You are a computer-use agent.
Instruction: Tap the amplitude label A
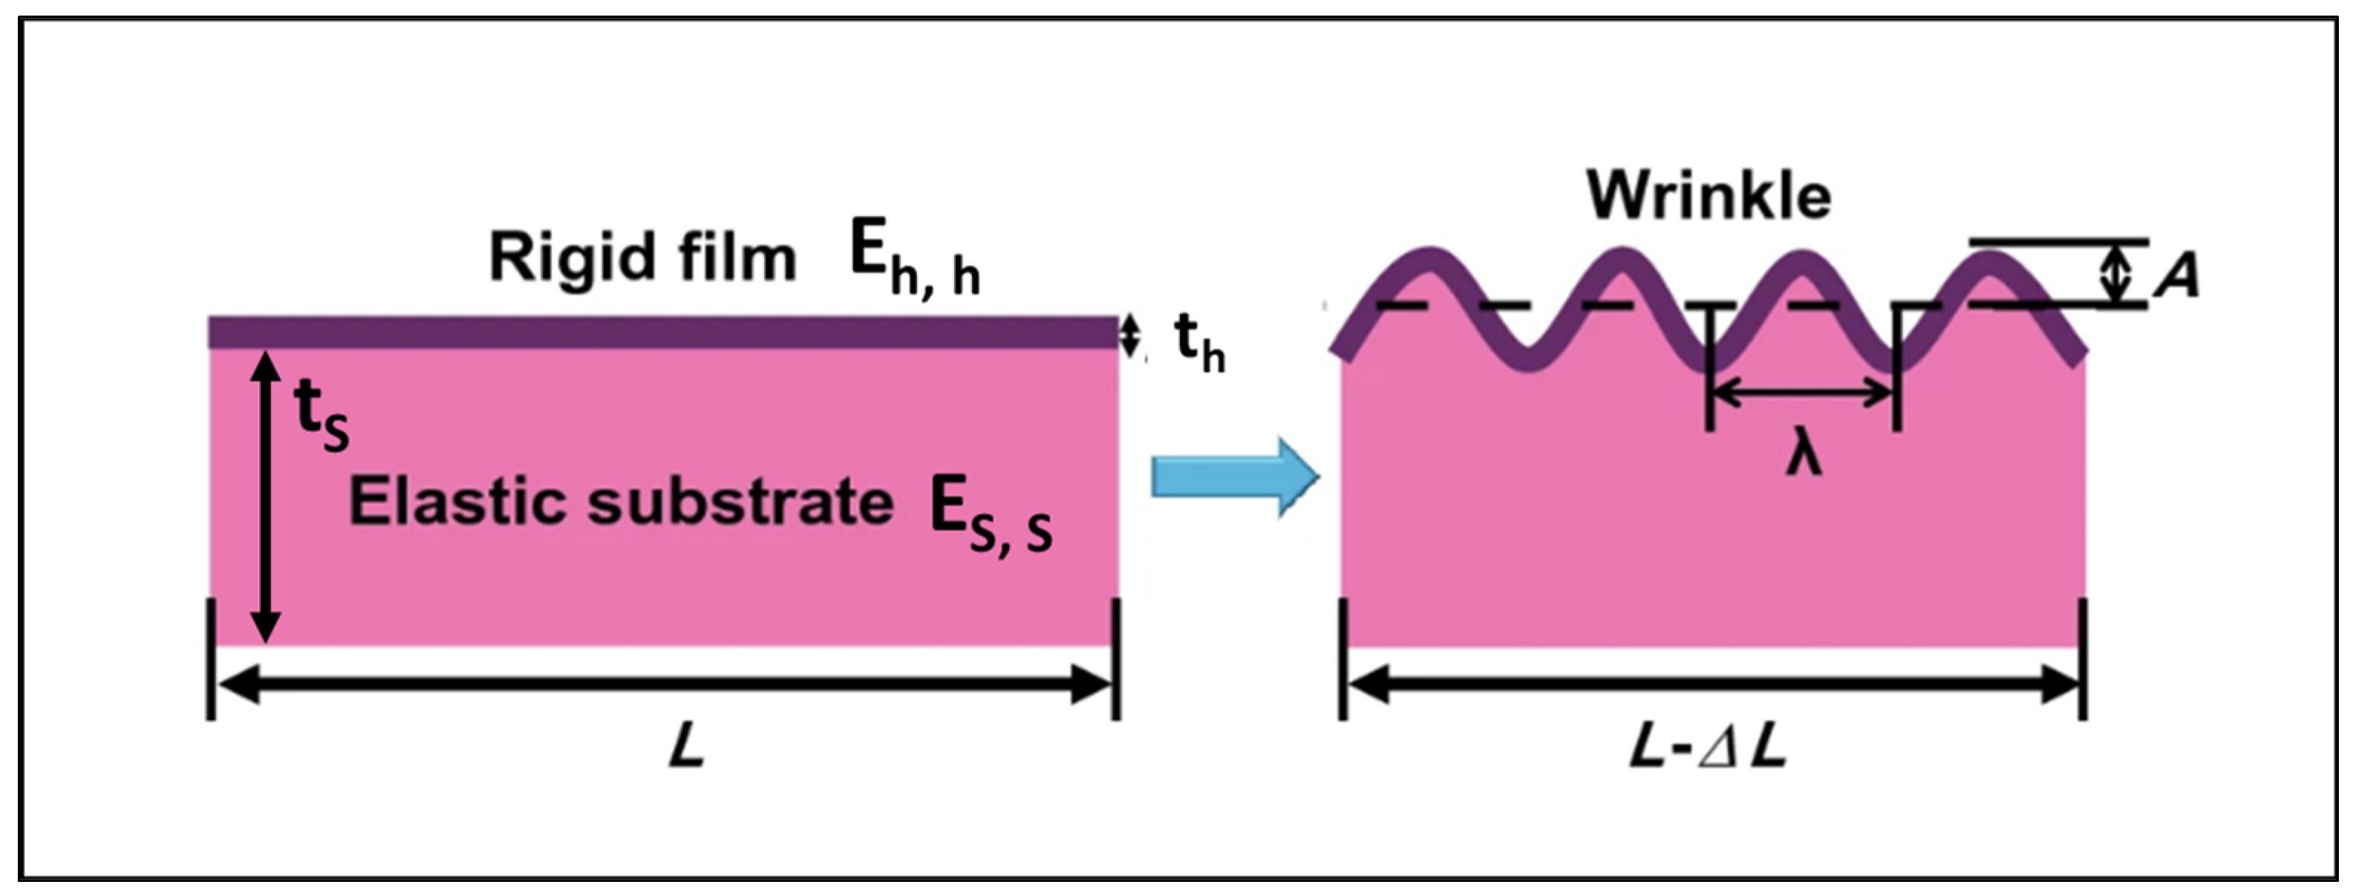tap(2178, 275)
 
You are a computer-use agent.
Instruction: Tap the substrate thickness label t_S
tap(321, 415)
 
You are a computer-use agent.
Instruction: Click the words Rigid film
tap(643, 258)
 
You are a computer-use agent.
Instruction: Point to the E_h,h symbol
tap(914, 261)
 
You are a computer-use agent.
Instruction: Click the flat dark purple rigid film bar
tap(663, 333)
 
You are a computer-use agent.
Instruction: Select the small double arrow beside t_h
tap(1131, 336)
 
